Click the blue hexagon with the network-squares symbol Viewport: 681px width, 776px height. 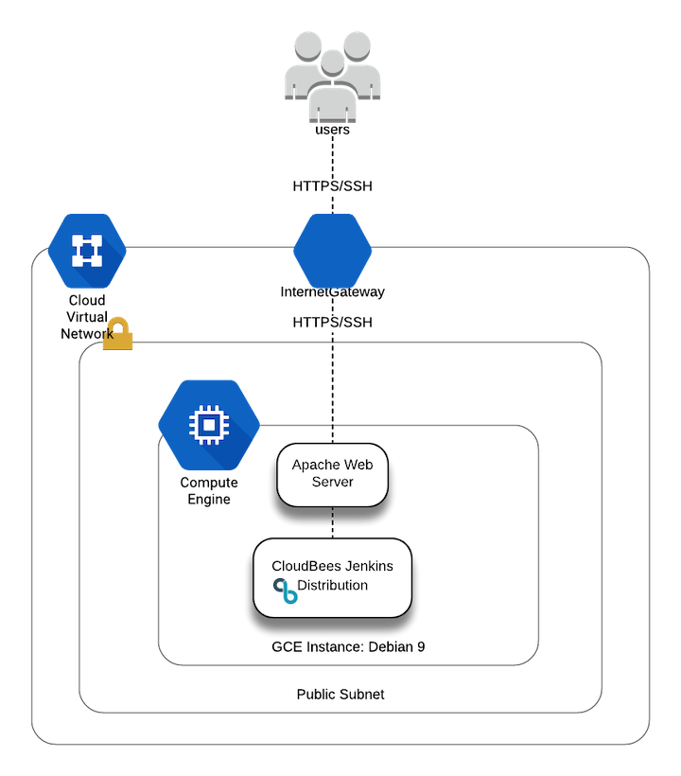[x=86, y=251]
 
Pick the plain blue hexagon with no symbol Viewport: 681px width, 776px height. [x=332, y=251]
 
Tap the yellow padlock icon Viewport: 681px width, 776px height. [x=118, y=333]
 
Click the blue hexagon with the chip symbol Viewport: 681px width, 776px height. [x=208, y=425]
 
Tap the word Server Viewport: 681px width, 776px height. [x=332, y=482]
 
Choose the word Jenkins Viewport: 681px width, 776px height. [x=368, y=566]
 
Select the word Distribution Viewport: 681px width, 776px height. [x=333, y=586]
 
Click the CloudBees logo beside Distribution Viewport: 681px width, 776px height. [x=285, y=591]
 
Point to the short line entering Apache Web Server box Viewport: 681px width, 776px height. [x=332, y=434]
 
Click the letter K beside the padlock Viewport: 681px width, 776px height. [x=110, y=335]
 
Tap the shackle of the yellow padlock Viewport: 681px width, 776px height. [x=118, y=322]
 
